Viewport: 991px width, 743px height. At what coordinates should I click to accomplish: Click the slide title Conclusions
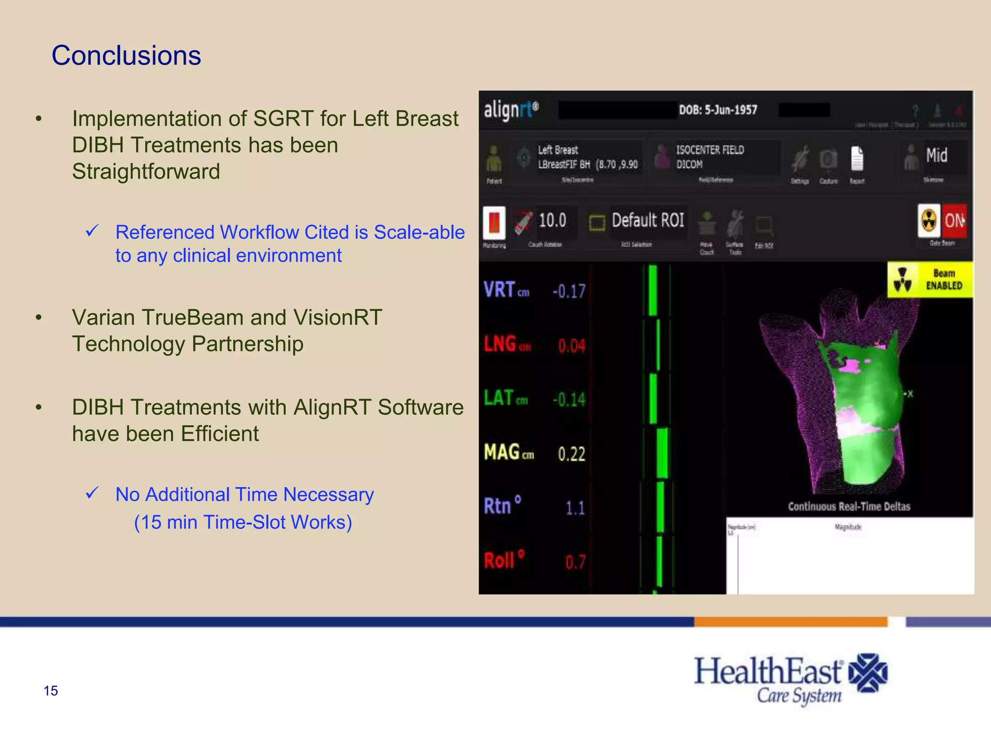126,56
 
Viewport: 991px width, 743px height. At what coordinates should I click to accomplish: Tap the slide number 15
51,691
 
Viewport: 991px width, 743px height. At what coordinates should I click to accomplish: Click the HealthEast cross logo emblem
869,673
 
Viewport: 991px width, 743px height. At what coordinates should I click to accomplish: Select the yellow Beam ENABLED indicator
930,280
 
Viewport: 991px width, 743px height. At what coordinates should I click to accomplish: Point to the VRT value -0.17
569,291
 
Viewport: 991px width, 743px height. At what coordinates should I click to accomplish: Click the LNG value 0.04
571,346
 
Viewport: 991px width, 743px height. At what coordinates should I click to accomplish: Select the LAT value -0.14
569,400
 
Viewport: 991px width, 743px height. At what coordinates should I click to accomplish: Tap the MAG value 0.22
571,454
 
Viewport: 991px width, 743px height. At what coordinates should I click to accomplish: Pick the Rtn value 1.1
575,508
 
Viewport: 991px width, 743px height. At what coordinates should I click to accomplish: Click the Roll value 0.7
575,562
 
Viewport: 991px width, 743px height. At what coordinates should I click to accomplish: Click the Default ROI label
648,221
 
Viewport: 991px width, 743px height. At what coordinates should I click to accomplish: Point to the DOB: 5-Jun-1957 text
718,110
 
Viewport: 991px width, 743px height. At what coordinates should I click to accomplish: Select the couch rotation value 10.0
552,221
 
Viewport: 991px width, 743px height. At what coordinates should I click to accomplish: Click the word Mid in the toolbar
937,156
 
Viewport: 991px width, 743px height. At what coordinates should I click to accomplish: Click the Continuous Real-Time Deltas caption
849,506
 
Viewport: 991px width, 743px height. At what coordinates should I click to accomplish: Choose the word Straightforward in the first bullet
146,171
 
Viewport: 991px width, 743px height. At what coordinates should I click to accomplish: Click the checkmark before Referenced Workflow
92,231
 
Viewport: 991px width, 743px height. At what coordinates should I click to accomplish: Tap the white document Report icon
857,159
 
